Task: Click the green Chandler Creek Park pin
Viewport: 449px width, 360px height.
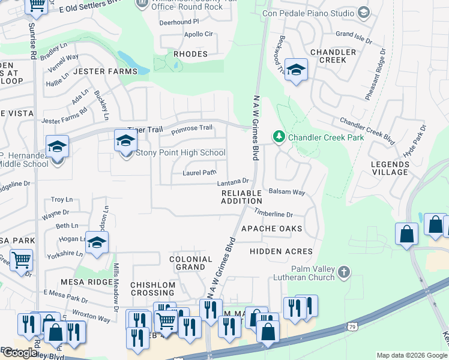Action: pyautogui.click(x=279, y=137)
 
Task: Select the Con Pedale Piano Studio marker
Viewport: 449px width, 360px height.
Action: pyautogui.click(x=363, y=12)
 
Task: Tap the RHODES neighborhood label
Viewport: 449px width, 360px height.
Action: pyautogui.click(x=190, y=54)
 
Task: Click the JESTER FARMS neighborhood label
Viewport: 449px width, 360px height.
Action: pyautogui.click(x=105, y=71)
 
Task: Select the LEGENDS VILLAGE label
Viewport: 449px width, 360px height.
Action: pyautogui.click(x=390, y=168)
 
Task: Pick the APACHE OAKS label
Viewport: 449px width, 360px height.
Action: pyautogui.click(x=271, y=229)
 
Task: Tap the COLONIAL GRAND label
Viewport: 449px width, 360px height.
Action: pyautogui.click(x=191, y=263)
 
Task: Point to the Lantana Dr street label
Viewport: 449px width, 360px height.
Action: pyautogui.click(x=233, y=181)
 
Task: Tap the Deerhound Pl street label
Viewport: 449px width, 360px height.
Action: pyautogui.click(x=179, y=22)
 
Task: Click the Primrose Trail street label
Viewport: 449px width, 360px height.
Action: pyautogui.click(x=192, y=128)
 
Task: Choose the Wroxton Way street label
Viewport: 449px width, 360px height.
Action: pyautogui.click(x=91, y=316)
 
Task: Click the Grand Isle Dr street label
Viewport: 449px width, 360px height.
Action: pyautogui.click(x=354, y=35)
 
